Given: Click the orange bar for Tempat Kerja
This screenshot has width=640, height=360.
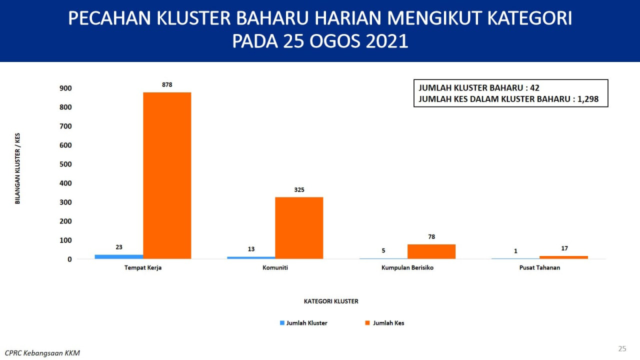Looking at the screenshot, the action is pyautogui.click(x=167, y=175).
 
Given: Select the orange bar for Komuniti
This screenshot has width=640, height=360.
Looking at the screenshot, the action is pyautogui.click(x=299, y=228).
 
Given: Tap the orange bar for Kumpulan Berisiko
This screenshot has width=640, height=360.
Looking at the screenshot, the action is pyautogui.click(x=431, y=251).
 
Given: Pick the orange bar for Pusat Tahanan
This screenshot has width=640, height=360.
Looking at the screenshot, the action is pyautogui.click(x=563, y=257).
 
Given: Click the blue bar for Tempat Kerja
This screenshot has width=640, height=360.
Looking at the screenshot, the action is pyautogui.click(x=119, y=257).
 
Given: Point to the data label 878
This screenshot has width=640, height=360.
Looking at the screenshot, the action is pyautogui.click(x=167, y=85).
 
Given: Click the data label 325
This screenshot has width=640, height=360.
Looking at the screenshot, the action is pyautogui.click(x=299, y=189).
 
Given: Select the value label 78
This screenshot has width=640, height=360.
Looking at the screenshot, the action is pyautogui.click(x=431, y=237).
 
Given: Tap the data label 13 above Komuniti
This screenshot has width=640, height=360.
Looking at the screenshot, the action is pyautogui.click(x=251, y=249).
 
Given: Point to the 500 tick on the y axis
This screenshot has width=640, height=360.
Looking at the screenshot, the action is pyautogui.click(x=65, y=164).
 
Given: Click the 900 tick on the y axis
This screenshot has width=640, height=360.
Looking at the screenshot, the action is pyautogui.click(x=65, y=88).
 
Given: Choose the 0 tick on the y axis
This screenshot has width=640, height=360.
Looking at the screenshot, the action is pyautogui.click(x=69, y=259).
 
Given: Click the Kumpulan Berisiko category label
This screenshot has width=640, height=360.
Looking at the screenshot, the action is pyautogui.click(x=407, y=267).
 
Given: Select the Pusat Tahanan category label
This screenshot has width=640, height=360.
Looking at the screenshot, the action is pyautogui.click(x=539, y=267).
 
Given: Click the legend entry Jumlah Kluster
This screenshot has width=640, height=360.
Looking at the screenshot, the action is pyautogui.click(x=303, y=323).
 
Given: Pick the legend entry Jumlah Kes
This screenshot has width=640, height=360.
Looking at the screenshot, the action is pyautogui.click(x=384, y=323).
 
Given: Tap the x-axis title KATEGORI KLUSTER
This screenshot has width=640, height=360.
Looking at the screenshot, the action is pyautogui.click(x=331, y=301).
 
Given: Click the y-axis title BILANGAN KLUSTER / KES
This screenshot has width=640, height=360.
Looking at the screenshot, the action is pyautogui.click(x=17, y=168).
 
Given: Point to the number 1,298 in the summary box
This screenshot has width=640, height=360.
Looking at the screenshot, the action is pyautogui.click(x=588, y=99).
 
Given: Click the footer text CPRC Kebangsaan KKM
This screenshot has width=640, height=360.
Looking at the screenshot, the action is pyautogui.click(x=42, y=353).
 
